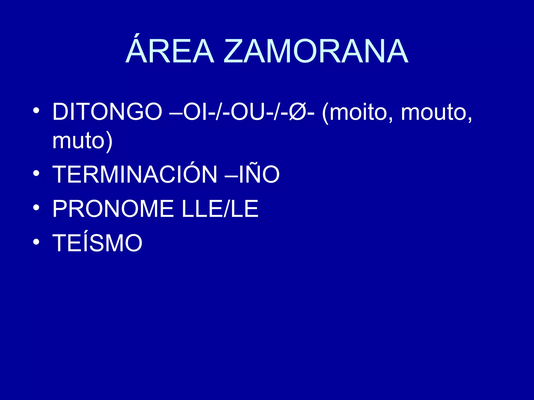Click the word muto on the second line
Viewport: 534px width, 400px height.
[78, 141]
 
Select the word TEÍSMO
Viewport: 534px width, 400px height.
[97, 243]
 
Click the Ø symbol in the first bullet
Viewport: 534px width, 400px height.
[298, 112]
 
